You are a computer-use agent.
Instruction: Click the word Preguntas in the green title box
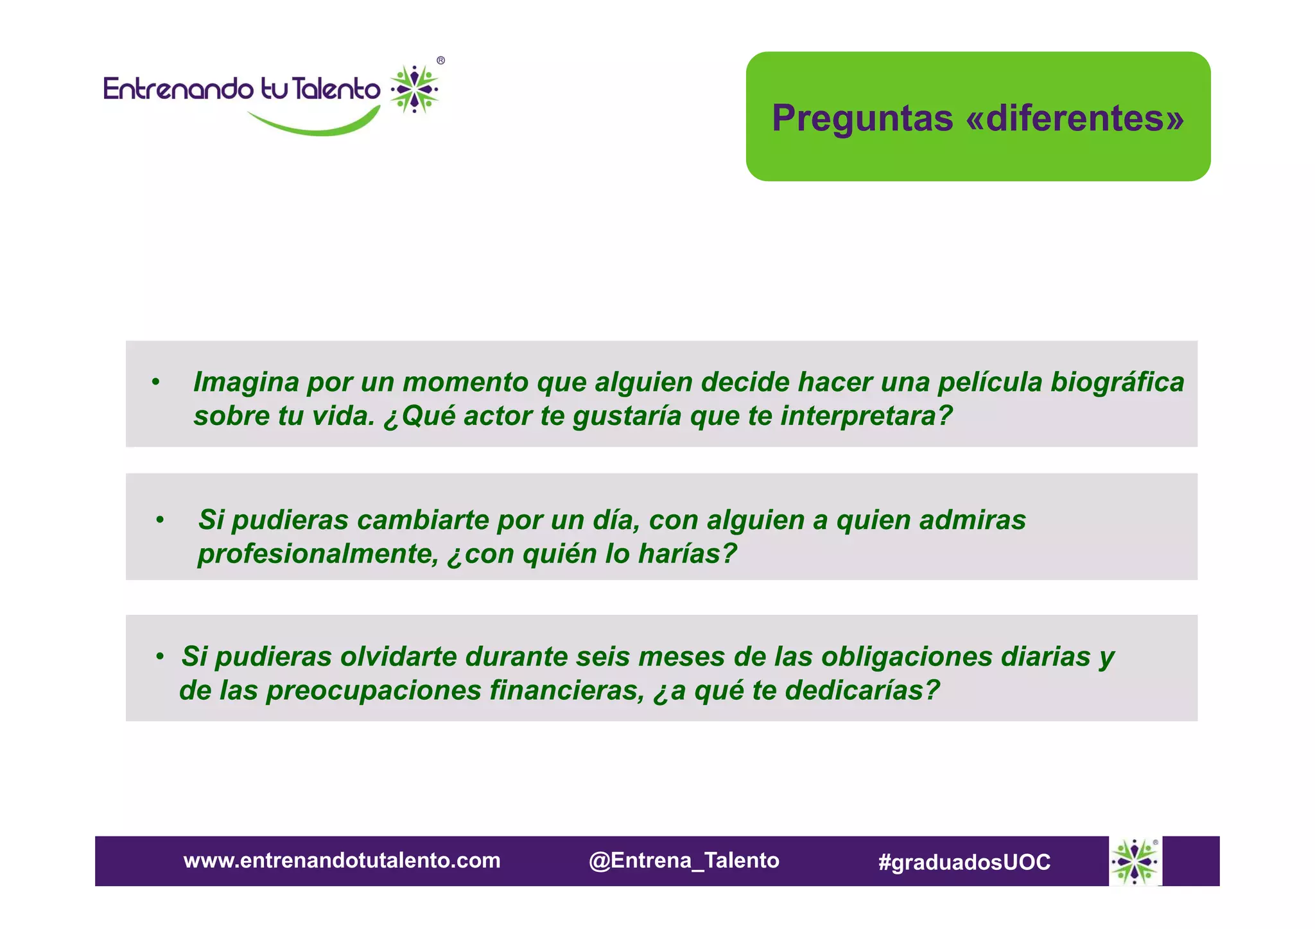[x=862, y=119]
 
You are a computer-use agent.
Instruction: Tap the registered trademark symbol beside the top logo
[x=440, y=61]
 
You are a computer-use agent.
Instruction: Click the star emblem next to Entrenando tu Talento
[x=415, y=89]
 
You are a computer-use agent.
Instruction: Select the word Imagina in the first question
[x=246, y=383]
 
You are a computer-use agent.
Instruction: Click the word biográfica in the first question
[x=1117, y=383]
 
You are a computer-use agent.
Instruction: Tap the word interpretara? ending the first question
[x=866, y=416]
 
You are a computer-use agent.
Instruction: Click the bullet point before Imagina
[x=155, y=383]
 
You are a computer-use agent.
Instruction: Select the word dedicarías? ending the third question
[x=862, y=691]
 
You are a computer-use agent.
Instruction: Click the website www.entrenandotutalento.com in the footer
[x=342, y=860]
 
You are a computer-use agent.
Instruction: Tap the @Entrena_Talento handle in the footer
[x=684, y=860]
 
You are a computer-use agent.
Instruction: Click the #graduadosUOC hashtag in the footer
[x=964, y=862]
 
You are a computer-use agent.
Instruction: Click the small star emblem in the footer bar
[x=1135, y=861]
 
